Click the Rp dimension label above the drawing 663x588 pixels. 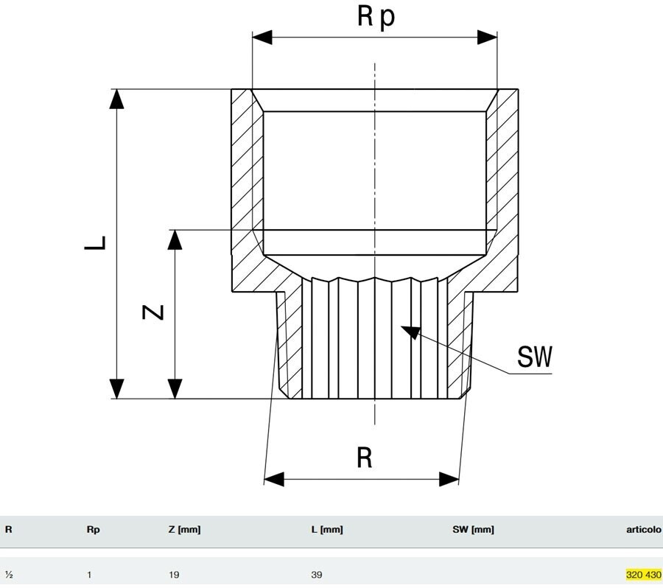point(376,17)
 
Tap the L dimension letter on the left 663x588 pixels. point(95,243)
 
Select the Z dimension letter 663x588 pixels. point(152,312)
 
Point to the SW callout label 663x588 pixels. point(535,357)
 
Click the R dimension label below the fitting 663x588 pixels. point(365,458)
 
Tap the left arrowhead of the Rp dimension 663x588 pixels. point(262,38)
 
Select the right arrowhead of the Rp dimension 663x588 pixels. point(487,38)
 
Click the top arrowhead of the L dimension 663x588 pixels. point(116,99)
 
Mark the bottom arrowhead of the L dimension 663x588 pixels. point(116,389)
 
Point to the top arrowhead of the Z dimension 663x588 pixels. point(175,240)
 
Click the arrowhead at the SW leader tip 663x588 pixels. point(410,332)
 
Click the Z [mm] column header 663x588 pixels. point(184,529)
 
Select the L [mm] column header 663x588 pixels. point(327,529)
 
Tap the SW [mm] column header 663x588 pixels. point(473,529)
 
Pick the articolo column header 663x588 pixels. point(644,529)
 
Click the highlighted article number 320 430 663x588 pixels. point(644,575)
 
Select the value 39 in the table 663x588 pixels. point(316,575)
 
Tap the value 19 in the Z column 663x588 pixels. point(174,575)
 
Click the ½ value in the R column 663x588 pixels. point(9,575)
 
